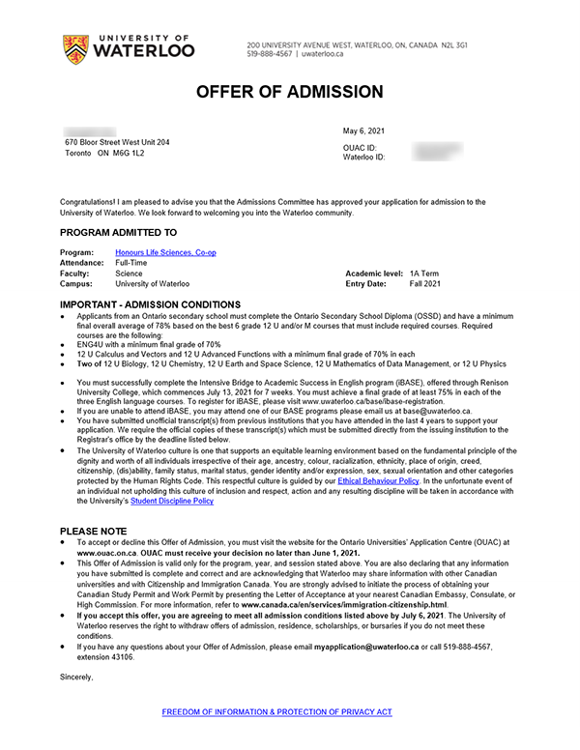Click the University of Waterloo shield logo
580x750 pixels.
pos(73,45)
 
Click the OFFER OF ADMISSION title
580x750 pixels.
pos(290,93)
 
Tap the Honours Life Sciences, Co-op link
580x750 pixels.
pos(165,252)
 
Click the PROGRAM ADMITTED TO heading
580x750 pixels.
pos(118,233)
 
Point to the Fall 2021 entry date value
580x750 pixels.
pos(424,284)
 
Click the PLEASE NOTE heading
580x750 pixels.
pos(93,532)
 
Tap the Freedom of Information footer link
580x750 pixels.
pos(276,711)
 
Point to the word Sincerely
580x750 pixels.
pos(76,678)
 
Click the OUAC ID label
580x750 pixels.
pos(361,147)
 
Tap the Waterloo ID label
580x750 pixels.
pos(364,157)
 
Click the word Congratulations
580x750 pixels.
pos(89,201)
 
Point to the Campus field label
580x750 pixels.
pos(77,284)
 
